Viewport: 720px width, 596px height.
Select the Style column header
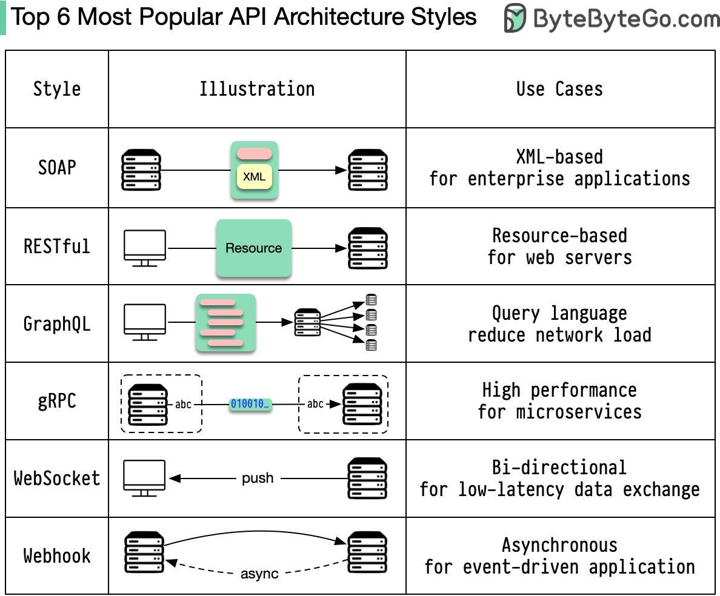[57, 89]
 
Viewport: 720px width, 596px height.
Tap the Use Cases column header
[559, 89]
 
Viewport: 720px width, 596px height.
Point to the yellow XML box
[254, 177]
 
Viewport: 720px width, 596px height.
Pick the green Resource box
[253, 248]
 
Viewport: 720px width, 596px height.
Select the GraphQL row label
[57, 324]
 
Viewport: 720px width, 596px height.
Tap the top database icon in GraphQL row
[372, 300]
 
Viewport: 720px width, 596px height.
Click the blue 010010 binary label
[250, 404]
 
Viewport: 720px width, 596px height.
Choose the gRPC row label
[57, 401]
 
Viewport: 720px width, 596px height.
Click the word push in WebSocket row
[258, 478]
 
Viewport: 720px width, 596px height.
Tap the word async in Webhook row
[259, 574]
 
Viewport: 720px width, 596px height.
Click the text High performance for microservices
[559, 401]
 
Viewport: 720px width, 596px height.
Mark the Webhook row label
[57, 556]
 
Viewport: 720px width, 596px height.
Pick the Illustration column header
[257, 89]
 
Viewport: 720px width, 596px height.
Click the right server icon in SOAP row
[367, 170]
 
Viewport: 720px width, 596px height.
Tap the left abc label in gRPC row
[184, 404]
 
